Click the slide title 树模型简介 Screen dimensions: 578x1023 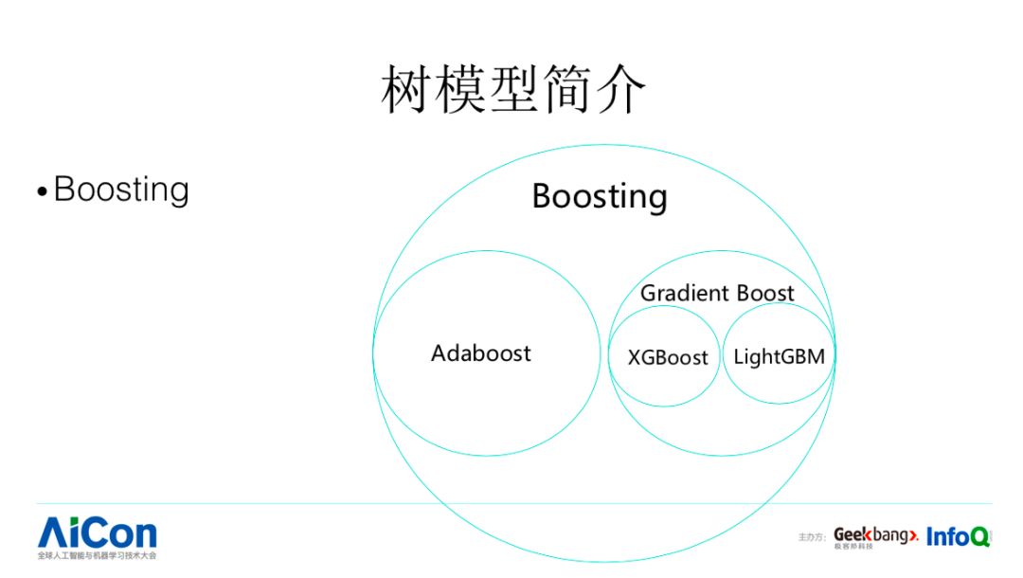[x=513, y=91]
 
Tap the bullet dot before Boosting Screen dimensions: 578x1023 [x=42, y=192]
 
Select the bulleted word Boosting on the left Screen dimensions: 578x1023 [x=121, y=190]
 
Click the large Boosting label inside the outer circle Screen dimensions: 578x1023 [x=599, y=196]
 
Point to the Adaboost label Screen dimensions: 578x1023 [x=480, y=353]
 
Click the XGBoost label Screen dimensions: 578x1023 [x=668, y=358]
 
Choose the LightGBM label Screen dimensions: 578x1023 [x=779, y=357]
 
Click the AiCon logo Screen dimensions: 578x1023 [x=98, y=533]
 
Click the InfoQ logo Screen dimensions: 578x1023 [x=958, y=536]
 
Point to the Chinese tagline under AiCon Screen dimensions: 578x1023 [x=97, y=556]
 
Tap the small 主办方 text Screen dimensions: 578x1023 [x=813, y=537]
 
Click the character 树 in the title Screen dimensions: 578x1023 [x=405, y=91]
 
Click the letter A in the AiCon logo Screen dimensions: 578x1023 [x=53, y=533]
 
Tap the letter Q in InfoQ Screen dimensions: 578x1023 [x=979, y=537]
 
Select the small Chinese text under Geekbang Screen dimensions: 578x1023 [x=853, y=548]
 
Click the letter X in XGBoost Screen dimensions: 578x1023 [x=635, y=358]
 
